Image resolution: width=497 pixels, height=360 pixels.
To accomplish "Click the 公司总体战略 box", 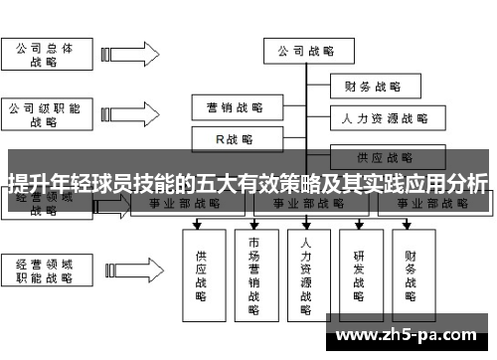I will (x=44, y=55).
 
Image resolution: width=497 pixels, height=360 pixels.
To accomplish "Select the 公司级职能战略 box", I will (x=44, y=115).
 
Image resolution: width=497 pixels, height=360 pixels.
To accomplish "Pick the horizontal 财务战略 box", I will (x=372, y=87).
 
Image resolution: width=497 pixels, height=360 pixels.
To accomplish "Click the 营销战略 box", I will (x=235, y=106).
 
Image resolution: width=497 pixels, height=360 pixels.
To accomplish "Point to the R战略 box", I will (x=235, y=139).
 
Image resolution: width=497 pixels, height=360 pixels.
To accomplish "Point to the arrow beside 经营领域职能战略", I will (x=129, y=270).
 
